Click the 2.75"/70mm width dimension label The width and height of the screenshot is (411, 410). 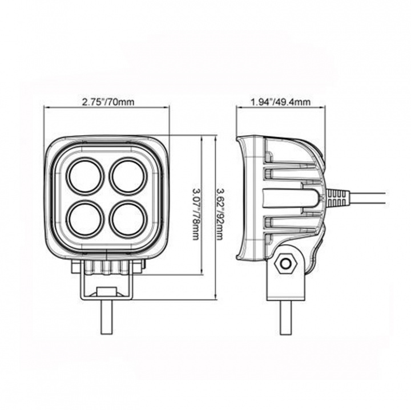click(108, 103)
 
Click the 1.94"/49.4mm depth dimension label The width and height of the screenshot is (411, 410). click(280, 103)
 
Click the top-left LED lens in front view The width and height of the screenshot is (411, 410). click(86, 176)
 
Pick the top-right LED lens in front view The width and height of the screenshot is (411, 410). click(128, 176)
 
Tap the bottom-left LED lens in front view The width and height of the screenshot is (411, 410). click(86, 218)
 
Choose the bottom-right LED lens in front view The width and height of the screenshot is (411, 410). click(128, 218)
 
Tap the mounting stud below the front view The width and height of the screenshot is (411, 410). click(107, 317)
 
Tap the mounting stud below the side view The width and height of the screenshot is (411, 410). click(285, 317)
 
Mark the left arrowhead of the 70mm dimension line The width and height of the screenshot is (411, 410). click(47, 109)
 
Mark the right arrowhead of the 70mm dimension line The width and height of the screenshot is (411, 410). click(168, 109)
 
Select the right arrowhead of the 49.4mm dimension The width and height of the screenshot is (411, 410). click(323, 109)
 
